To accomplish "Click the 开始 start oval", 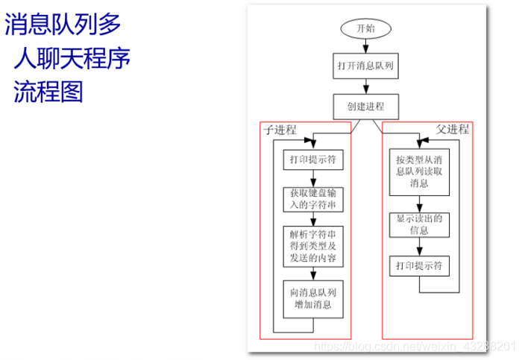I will click(365, 28).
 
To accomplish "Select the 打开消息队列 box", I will click(365, 66).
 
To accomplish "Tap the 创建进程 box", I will click(365, 106).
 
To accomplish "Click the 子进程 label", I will click(280, 130).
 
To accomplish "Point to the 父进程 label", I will click(452, 129).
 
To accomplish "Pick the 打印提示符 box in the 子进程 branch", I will click(312, 160).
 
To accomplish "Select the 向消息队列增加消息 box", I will click(312, 298).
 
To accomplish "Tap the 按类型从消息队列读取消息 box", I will click(419, 171).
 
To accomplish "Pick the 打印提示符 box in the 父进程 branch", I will click(419, 266).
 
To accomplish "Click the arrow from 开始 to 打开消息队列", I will click(365, 46).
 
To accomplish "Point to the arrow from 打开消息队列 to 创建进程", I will click(365, 86).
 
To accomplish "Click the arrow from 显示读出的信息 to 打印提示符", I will click(419, 247).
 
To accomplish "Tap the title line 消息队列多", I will click(63, 25).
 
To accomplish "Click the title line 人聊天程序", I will click(72, 57).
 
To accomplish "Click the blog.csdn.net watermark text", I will click(415, 347).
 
